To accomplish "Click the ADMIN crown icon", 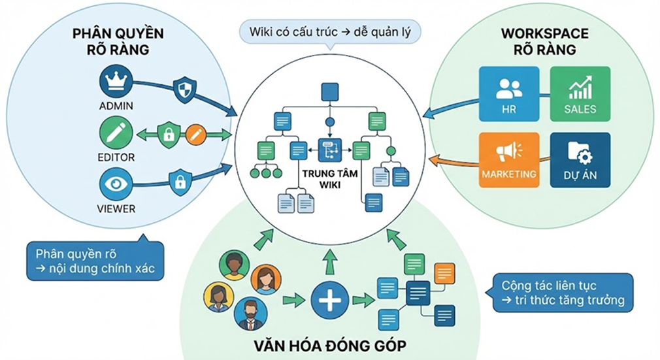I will [x=116, y=83].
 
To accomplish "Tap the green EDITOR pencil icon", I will [x=116, y=134].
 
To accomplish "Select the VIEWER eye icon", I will [x=116, y=184].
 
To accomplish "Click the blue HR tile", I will [x=508, y=93].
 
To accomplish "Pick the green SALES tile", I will [x=580, y=93].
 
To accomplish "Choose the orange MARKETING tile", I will [x=508, y=159].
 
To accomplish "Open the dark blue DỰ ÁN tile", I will [x=580, y=159].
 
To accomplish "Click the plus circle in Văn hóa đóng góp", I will [x=329, y=301].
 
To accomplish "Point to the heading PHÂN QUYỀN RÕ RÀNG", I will [x=118, y=41].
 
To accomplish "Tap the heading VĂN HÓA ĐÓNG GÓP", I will [x=329, y=345].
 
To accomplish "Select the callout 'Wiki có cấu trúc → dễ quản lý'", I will [x=329, y=31].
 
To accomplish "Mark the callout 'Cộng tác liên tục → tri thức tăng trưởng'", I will [x=562, y=293].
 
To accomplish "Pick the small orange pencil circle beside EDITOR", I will [x=195, y=135].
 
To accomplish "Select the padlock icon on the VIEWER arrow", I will [x=178, y=181].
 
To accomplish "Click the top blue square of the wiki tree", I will [x=329, y=92].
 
